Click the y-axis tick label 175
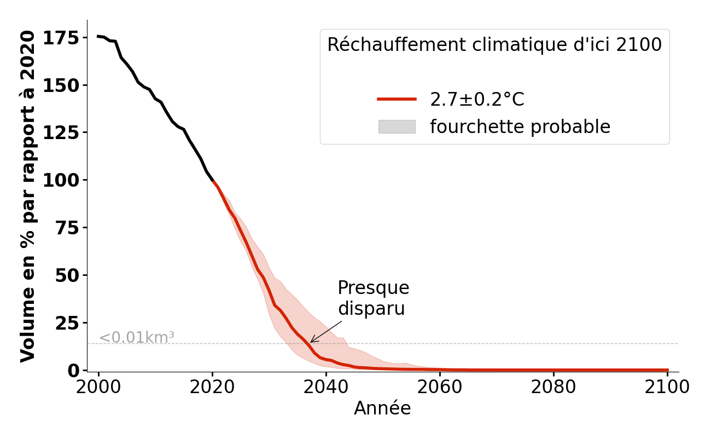click(x=60, y=38)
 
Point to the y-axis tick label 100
click(x=60, y=180)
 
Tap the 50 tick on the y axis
click(x=67, y=275)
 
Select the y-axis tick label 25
click(x=67, y=323)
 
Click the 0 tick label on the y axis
click(x=73, y=371)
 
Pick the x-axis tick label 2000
click(x=98, y=387)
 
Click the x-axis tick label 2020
click(x=212, y=387)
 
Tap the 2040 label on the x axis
click(x=326, y=387)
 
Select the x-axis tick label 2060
click(x=440, y=387)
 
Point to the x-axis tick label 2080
click(x=553, y=387)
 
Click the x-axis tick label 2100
click(x=667, y=387)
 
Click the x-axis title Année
click(x=382, y=408)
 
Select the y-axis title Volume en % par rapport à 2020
click(x=27, y=196)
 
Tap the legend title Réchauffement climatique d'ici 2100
click(x=494, y=45)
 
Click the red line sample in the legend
click(x=397, y=99)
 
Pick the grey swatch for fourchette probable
click(x=397, y=126)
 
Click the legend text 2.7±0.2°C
click(x=477, y=99)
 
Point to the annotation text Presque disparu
click(x=373, y=298)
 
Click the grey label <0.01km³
click(x=136, y=338)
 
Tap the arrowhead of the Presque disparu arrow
click(x=311, y=342)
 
